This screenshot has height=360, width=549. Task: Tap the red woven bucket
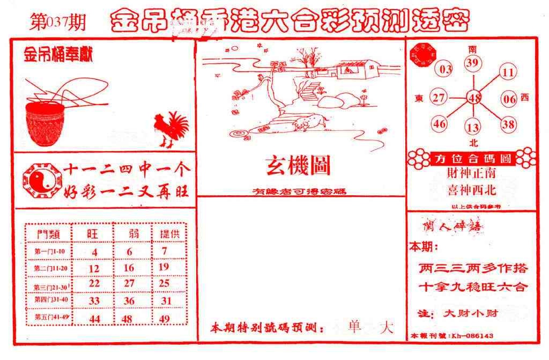coord(47,123)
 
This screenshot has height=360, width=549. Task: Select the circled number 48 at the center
coord(474,98)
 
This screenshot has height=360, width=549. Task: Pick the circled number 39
coord(472,64)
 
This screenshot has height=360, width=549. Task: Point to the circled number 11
coord(508,72)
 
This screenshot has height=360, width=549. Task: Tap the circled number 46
coord(440,124)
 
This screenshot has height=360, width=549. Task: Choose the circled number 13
coord(472,128)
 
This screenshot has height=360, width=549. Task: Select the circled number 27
coord(439,98)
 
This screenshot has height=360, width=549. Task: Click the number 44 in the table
coord(94,319)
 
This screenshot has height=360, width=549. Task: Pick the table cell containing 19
coord(164,267)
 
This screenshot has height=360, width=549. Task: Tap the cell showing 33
coord(94,301)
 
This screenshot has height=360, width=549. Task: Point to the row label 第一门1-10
coord(49,252)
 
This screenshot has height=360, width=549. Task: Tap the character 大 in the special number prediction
coord(386,327)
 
